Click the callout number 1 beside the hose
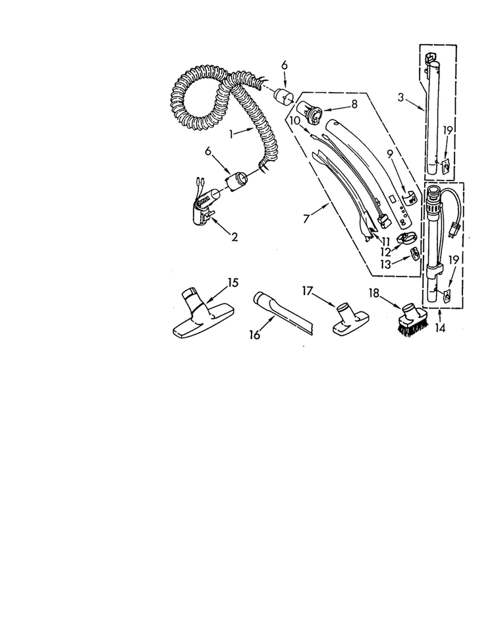point(231,134)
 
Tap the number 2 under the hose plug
point(234,237)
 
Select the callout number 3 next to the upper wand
point(400,97)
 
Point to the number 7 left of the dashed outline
point(306,219)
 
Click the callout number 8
point(354,104)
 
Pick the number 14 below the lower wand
point(440,327)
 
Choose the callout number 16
point(254,334)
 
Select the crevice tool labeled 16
point(283,313)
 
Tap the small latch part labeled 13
point(415,254)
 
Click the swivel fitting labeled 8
point(310,110)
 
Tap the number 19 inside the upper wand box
point(448,130)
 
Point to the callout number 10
point(294,120)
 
